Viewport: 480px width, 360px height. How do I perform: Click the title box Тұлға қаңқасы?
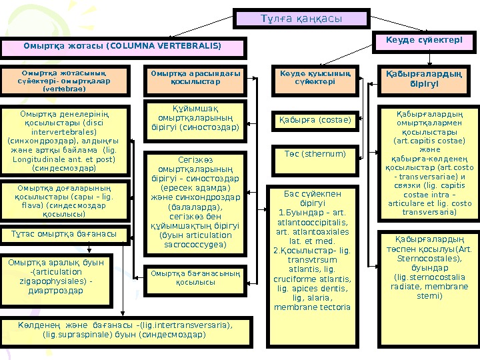click(301, 19)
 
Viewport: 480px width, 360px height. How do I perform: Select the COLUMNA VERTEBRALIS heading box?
click(123, 47)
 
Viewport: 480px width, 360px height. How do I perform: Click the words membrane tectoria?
click(312, 307)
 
